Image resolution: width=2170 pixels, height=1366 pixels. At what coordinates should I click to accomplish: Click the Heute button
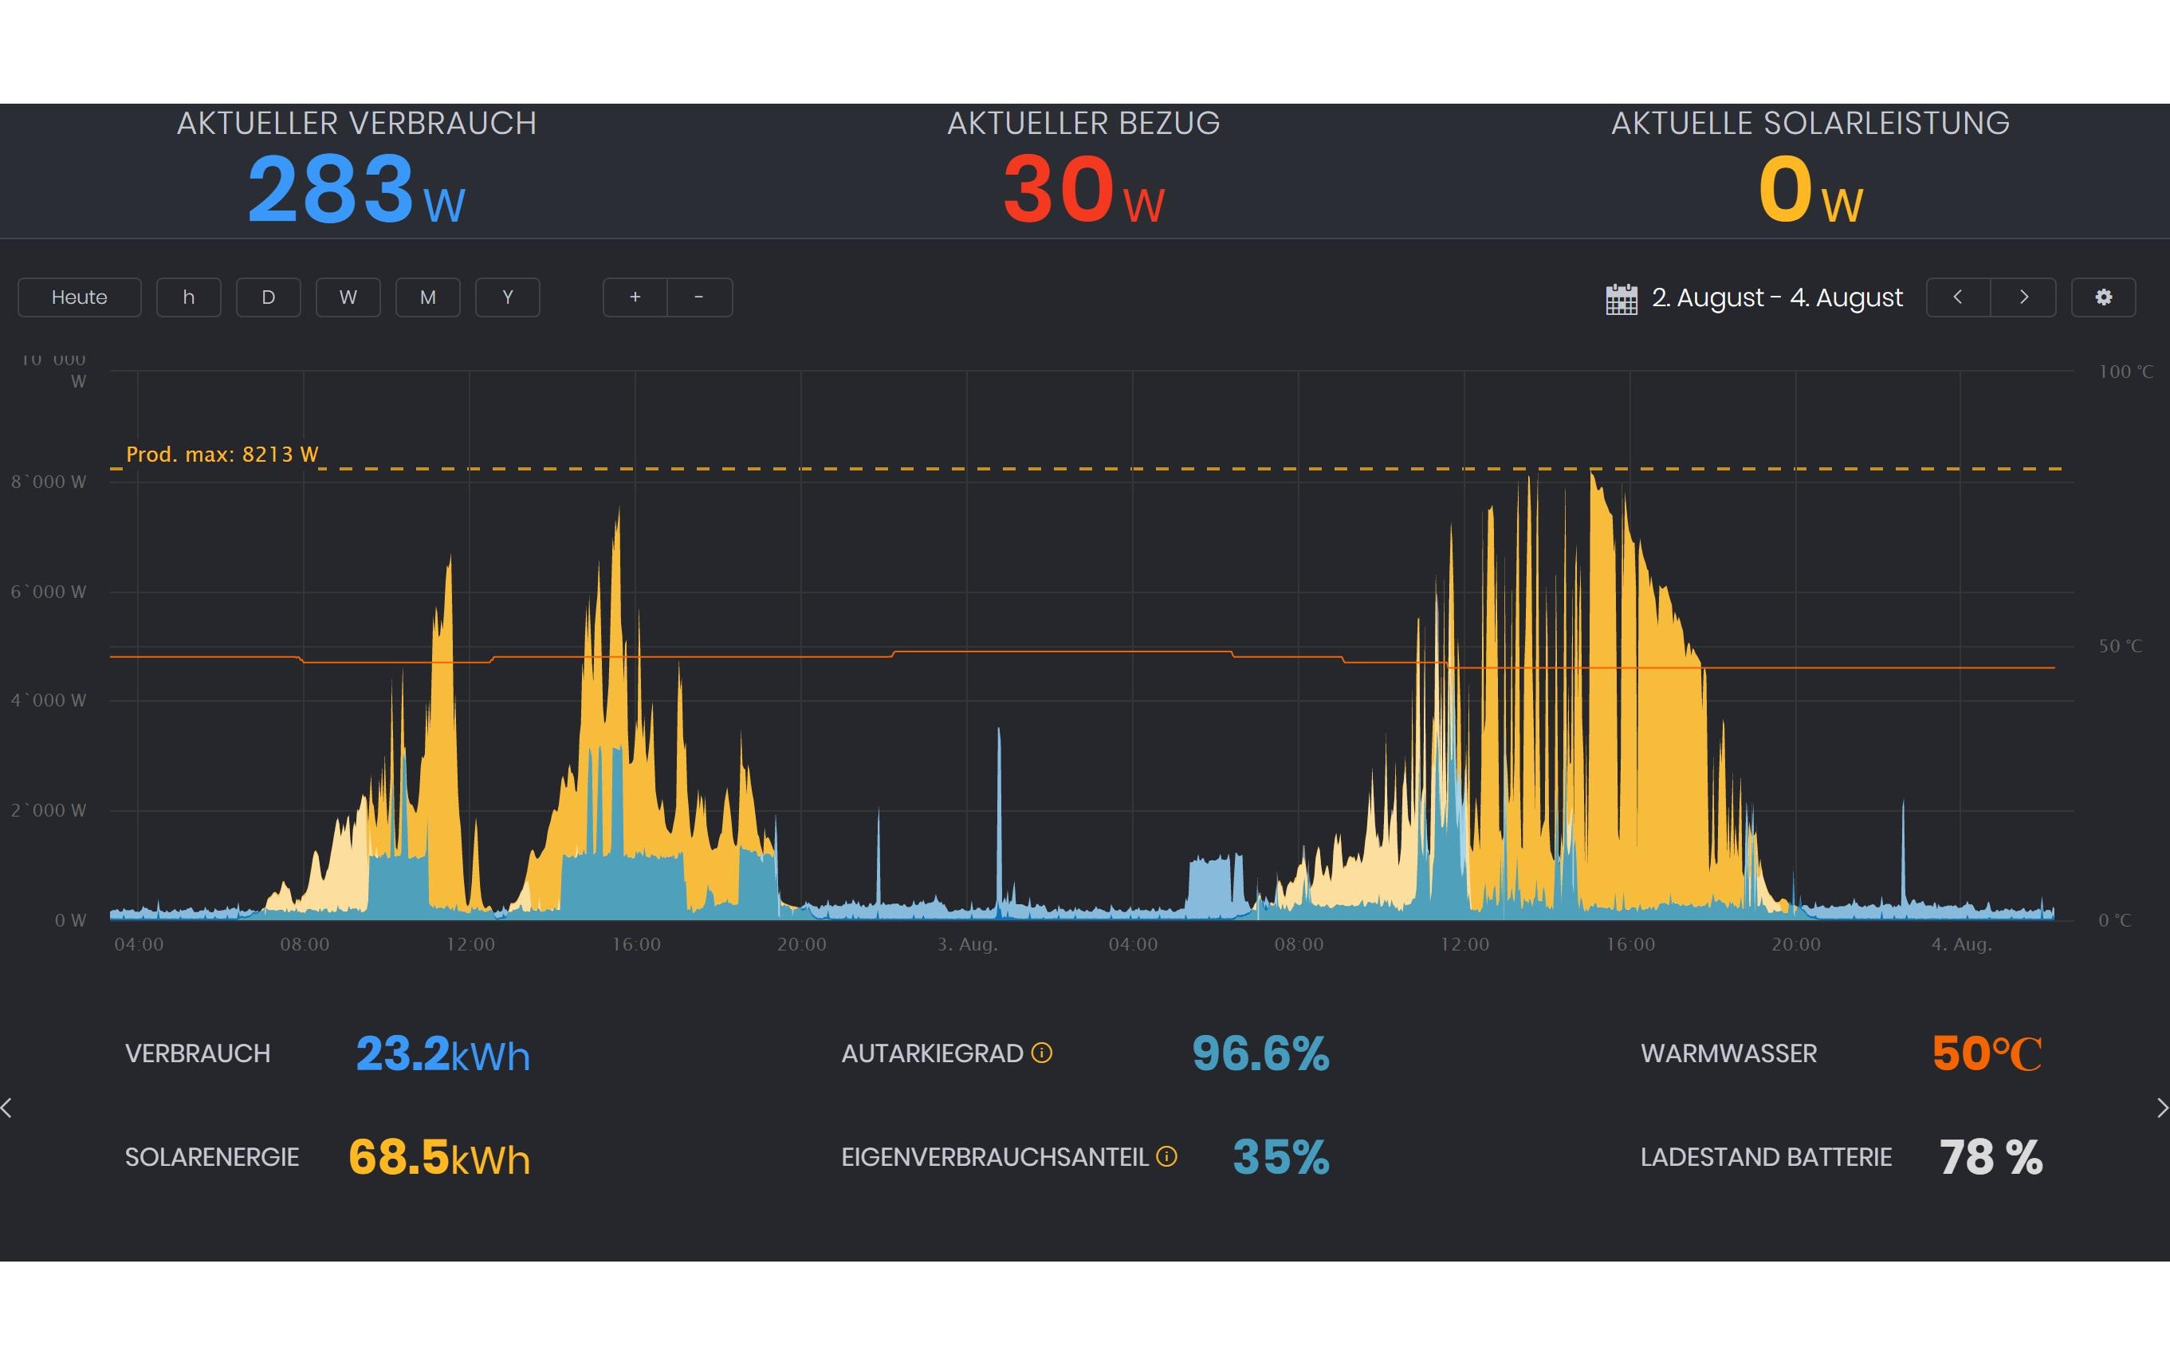79,297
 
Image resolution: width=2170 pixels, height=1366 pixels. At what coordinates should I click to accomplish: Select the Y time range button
507,297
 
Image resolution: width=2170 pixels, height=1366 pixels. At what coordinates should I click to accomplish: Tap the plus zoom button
635,297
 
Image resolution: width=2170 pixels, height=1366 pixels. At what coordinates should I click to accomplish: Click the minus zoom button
699,297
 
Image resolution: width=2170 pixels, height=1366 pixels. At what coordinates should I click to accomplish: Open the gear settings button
2103,297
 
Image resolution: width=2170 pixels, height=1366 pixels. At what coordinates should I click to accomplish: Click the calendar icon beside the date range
1622,298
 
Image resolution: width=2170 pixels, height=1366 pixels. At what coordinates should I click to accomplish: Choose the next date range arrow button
2023,297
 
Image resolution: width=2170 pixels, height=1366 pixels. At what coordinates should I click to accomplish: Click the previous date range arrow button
1958,297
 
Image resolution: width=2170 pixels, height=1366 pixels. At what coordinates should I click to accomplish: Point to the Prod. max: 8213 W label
222,455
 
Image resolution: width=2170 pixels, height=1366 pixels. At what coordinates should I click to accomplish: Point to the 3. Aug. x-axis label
967,945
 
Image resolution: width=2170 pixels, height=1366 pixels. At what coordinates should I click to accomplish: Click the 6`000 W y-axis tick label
49,592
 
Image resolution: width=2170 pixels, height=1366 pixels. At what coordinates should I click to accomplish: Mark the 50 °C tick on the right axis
2120,647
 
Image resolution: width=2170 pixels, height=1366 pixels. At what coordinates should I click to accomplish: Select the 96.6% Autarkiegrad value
1260,1053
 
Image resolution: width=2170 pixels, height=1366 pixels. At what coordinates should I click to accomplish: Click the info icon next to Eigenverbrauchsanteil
1166,1157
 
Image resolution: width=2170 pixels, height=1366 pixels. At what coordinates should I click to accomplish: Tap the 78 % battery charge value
1991,1157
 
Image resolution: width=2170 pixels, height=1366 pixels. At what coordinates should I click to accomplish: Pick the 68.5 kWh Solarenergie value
439,1158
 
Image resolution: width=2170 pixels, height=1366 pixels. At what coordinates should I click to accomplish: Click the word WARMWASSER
1728,1054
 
